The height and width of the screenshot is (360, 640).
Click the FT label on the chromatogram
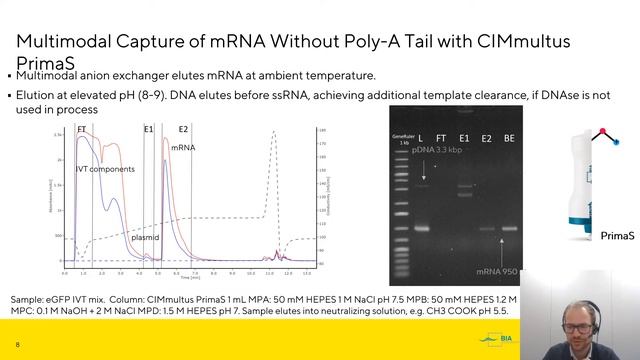tap(82, 129)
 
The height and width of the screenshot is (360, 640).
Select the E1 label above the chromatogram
tap(148, 129)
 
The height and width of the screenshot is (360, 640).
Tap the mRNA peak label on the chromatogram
tap(183, 147)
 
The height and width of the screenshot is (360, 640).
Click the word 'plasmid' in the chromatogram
tap(145, 237)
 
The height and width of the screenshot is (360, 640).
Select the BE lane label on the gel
tap(510, 137)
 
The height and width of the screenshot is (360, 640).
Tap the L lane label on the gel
tap(421, 137)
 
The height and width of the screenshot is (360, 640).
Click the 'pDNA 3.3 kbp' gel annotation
tap(437, 148)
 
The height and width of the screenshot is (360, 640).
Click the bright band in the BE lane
tap(510, 228)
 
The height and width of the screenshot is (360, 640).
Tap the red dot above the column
tap(602, 130)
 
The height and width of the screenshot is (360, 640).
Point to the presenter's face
tap(582, 311)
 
